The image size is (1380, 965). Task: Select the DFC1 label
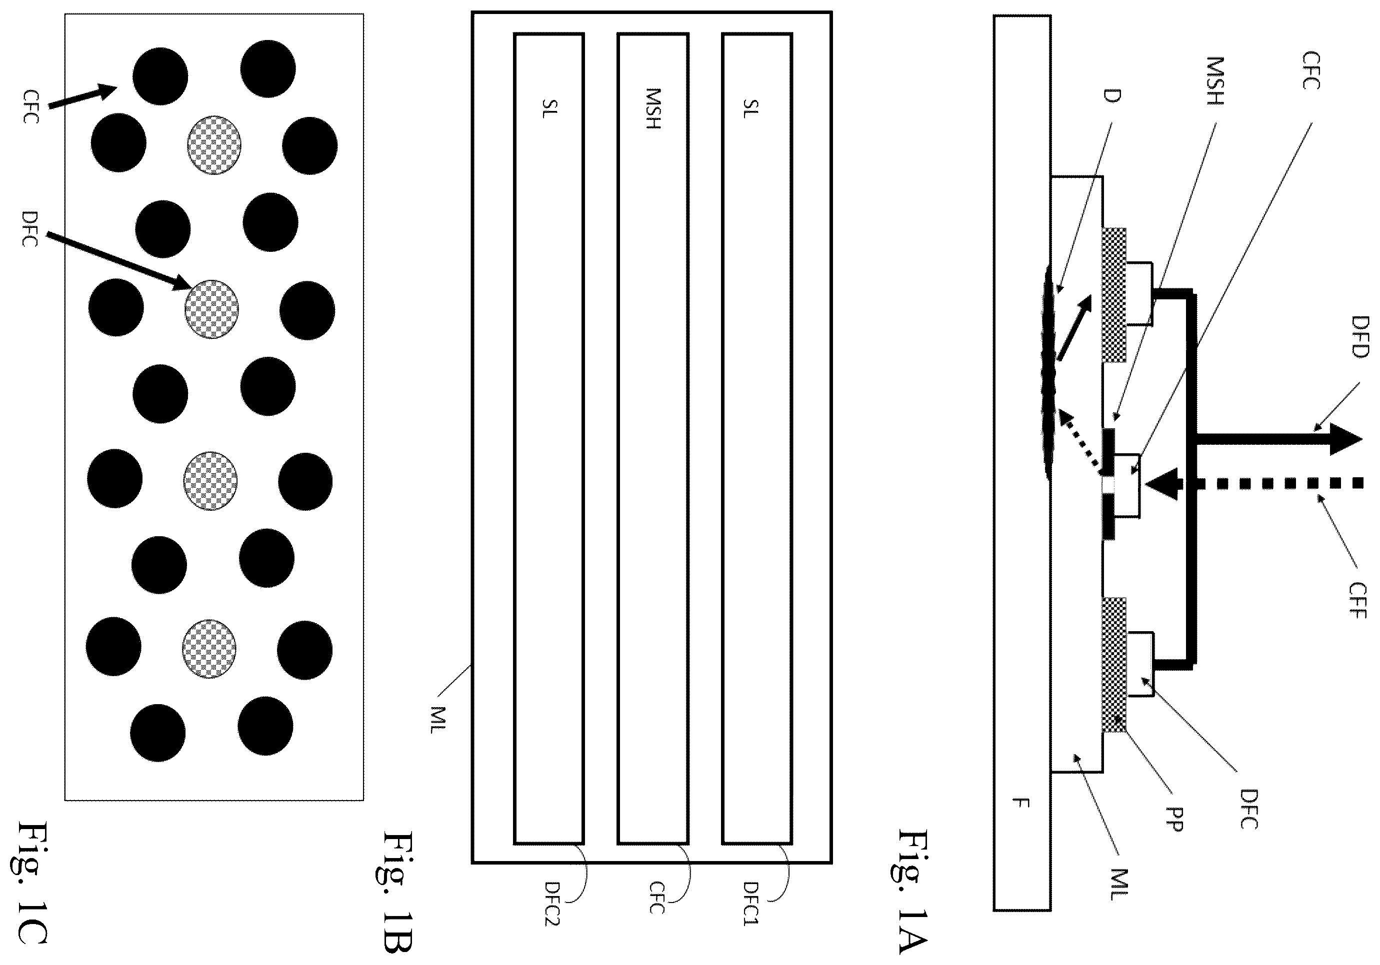click(751, 903)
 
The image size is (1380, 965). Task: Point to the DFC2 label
click(552, 903)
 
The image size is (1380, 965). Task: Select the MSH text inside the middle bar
click(652, 109)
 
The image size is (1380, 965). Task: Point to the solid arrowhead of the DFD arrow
click(1346, 439)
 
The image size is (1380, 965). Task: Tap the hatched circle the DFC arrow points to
click(211, 309)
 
